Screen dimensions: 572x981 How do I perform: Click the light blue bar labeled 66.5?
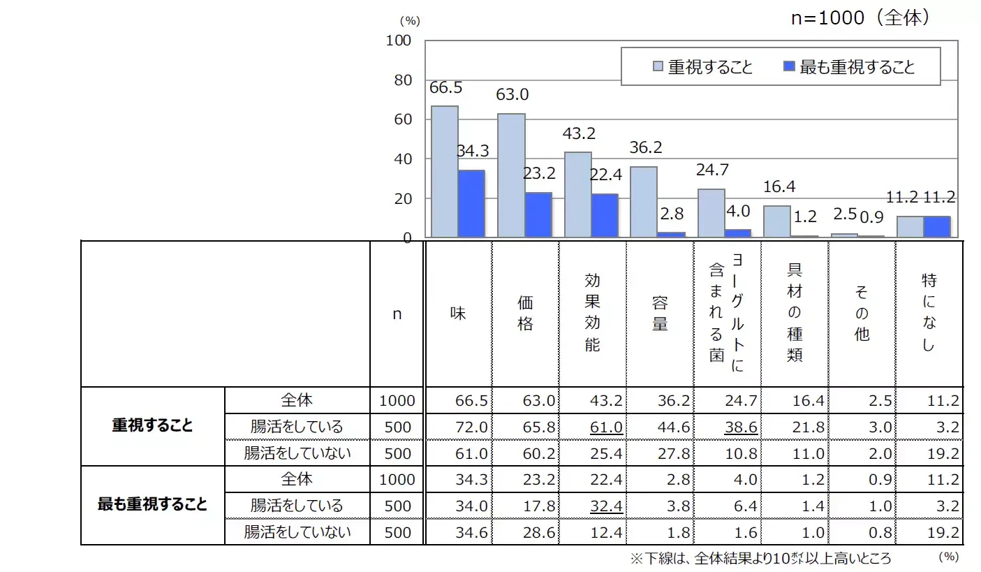[x=445, y=172]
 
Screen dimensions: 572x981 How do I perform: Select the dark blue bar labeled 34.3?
[x=471, y=204]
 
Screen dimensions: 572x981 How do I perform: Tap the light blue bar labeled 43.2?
[x=578, y=195]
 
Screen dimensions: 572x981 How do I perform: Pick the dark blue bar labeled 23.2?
[x=538, y=215]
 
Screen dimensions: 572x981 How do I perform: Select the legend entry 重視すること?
[x=702, y=67]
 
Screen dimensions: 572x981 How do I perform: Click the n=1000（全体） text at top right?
[x=860, y=18]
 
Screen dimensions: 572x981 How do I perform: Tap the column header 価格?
[x=526, y=314]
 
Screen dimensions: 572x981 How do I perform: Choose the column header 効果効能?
[x=593, y=314]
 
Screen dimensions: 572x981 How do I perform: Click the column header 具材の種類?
[x=795, y=314]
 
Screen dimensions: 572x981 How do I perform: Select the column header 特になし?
[x=928, y=314]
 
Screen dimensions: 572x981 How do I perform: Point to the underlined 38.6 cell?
[x=742, y=427]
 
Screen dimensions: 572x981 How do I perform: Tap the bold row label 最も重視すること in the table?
[x=152, y=505]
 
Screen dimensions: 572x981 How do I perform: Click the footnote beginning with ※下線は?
[x=761, y=558]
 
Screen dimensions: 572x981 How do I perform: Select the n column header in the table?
[x=397, y=314]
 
